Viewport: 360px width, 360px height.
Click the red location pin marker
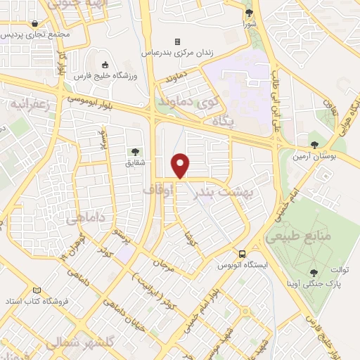tap(181, 165)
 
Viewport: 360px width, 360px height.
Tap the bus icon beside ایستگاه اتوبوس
tap(242, 253)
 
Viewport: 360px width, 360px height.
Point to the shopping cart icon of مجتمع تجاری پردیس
tap(35, 23)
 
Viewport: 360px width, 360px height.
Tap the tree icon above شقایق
tap(134, 151)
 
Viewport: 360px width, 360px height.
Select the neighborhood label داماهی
tap(86, 219)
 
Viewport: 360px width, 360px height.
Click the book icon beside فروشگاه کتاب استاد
tap(37, 290)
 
